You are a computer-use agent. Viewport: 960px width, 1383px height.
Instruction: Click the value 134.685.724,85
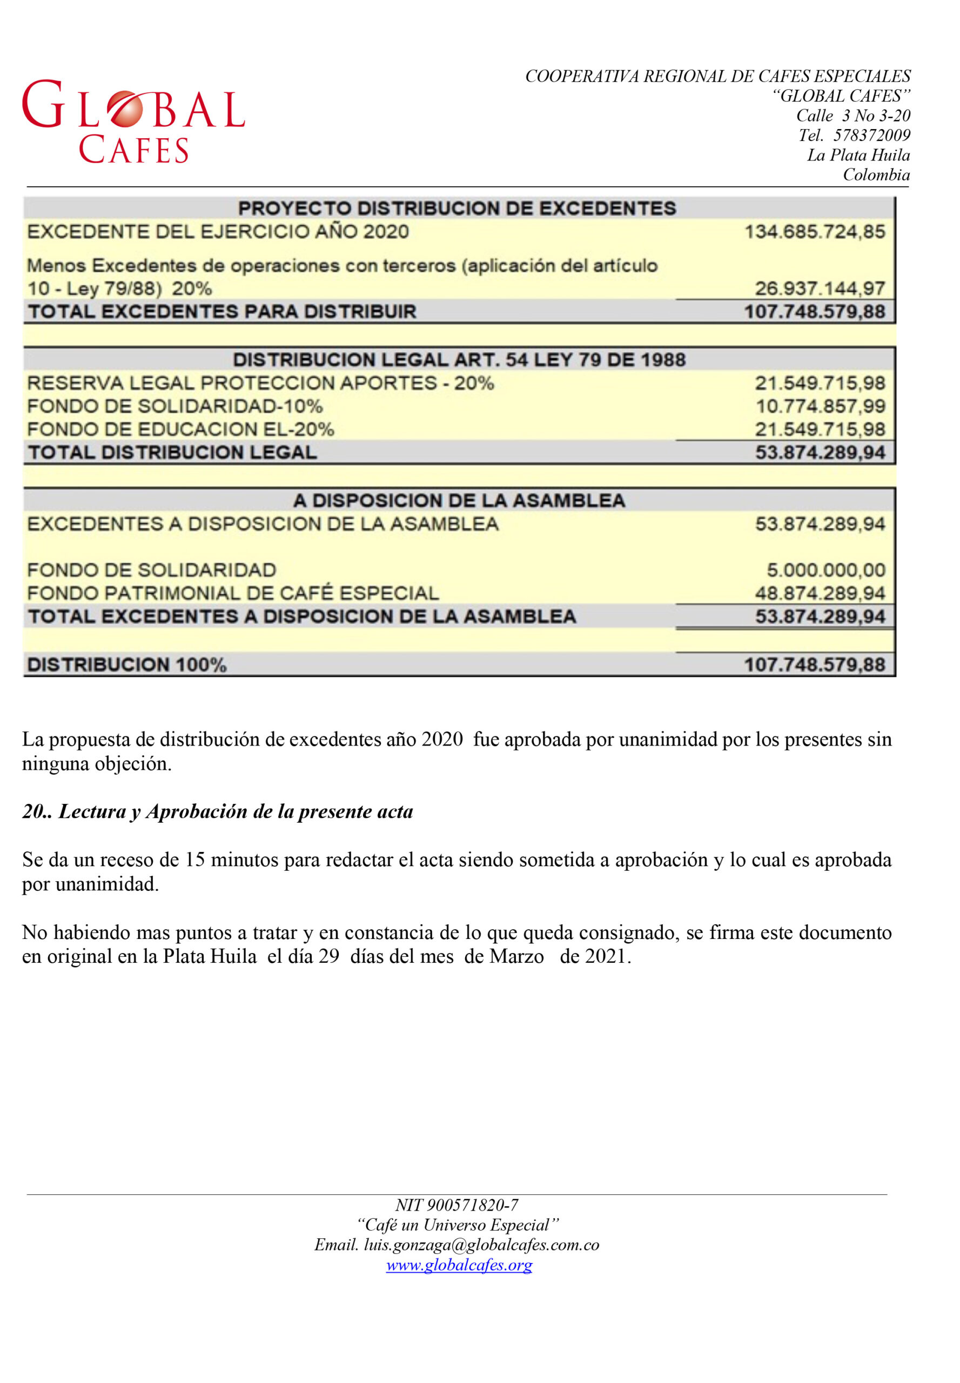point(815,232)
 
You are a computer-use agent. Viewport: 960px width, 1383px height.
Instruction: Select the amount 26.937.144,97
point(820,288)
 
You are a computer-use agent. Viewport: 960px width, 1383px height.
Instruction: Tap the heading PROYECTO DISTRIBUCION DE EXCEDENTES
point(457,208)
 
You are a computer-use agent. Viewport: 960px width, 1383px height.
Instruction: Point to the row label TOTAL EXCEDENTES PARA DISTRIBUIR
point(222,312)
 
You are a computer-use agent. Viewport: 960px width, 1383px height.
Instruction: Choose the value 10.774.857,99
point(820,406)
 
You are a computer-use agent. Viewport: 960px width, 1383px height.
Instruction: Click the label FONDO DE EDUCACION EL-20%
point(180,429)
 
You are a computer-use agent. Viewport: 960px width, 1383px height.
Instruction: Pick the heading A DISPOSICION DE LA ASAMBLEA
point(459,500)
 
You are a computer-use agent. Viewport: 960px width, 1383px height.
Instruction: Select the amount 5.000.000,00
point(825,570)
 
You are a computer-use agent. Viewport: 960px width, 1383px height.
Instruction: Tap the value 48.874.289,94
point(820,593)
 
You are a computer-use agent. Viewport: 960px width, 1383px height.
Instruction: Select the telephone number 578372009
point(871,136)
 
